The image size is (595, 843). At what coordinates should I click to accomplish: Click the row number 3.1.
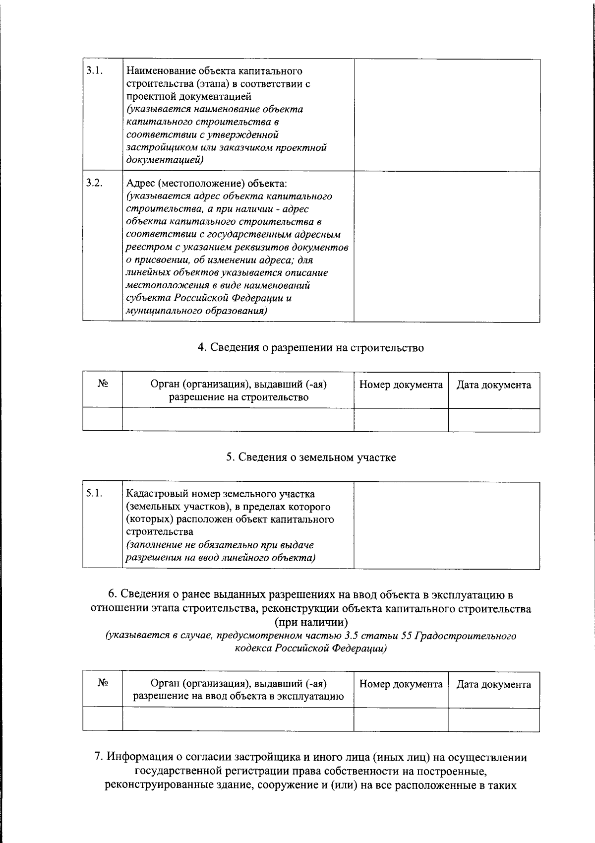94,70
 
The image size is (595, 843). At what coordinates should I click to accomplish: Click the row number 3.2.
94,183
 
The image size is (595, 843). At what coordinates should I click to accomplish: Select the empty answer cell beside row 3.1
447,115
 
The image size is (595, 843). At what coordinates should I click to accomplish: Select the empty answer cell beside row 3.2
447,247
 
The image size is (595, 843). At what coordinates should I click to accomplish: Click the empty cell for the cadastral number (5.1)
447,525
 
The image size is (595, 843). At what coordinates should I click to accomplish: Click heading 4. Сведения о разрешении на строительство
311,348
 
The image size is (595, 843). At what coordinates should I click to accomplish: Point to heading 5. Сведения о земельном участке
311,457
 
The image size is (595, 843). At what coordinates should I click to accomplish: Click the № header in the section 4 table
103,384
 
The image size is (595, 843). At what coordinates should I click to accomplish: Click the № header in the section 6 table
103,683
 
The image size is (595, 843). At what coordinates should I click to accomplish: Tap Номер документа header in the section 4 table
401,385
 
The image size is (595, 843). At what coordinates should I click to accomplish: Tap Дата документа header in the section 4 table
493,385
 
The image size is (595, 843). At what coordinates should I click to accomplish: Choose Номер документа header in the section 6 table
401,685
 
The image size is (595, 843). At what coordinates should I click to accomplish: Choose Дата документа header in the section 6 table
493,685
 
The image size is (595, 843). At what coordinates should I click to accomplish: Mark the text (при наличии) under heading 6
311,622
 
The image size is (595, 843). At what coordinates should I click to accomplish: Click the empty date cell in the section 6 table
493,719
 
